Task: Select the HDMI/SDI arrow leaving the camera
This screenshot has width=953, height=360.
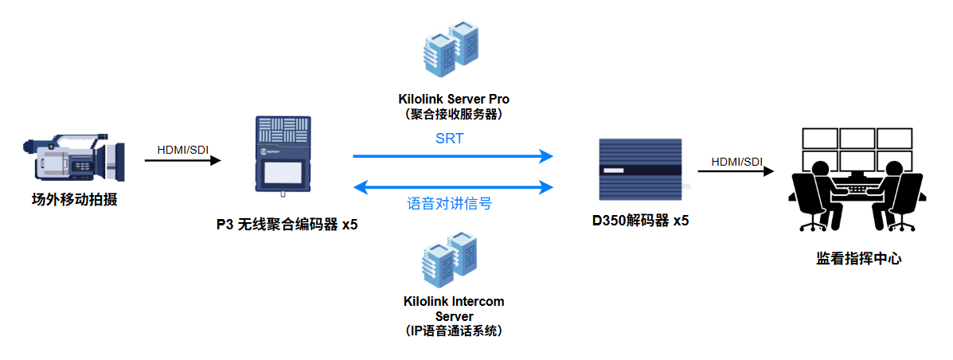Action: point(182,161)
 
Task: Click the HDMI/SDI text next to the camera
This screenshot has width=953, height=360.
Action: point(183,149)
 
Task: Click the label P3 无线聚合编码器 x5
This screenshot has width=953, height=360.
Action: point(287,225)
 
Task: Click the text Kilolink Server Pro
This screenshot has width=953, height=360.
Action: point(454,100)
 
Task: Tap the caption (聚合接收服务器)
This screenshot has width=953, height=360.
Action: point(454,114)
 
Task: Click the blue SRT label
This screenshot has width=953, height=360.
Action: point(450,138)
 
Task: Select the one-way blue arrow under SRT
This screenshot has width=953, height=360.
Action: point(452,156)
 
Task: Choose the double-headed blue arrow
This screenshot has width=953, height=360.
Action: point(452,188)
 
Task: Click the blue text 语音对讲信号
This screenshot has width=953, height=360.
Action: point(450,204)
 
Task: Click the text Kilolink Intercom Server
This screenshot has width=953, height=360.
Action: point(454,309)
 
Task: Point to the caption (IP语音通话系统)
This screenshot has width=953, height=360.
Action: point(454,330)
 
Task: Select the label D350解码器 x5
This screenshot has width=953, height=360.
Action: point(640,221)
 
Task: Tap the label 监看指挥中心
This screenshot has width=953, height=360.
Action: point(858,258)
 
